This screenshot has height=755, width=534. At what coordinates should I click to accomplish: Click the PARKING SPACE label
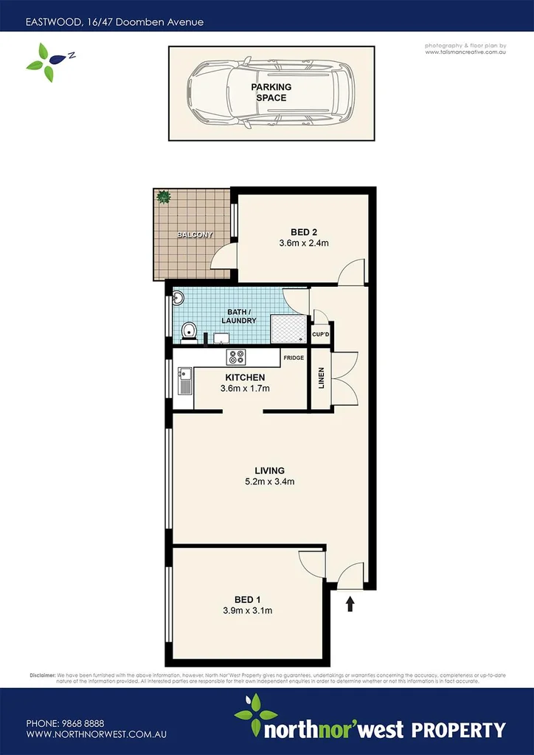[x=273, y=92]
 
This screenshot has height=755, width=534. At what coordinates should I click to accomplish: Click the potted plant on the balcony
[x=163, y=197]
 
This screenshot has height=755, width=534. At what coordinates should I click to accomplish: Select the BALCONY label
[x=195, y=235]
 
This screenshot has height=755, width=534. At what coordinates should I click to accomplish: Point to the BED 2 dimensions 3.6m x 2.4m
[x=303, y=243]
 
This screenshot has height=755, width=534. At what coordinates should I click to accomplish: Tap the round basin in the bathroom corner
[x=178, y=299]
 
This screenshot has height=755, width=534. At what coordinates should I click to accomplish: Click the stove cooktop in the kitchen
[x=237, y=358]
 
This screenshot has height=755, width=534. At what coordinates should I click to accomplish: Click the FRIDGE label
[x=293, y=358]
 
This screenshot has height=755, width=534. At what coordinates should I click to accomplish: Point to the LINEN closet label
[x=320, y=377]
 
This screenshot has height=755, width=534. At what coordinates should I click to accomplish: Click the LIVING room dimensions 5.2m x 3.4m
[x=269, y=482]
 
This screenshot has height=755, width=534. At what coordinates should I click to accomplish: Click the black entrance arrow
[x=350, y=605]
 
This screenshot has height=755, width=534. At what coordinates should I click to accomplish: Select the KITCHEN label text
[x=244, y=377]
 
